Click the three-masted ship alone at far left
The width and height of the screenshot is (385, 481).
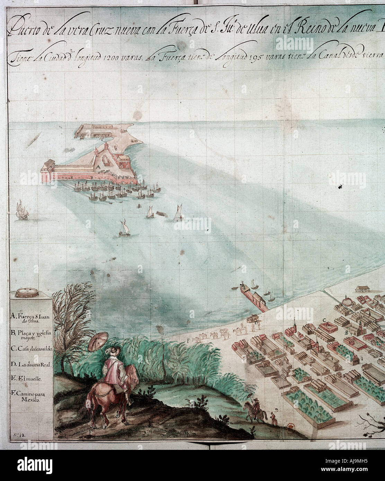[21, 210]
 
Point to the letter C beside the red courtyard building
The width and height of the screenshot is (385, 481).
[324, 320]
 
